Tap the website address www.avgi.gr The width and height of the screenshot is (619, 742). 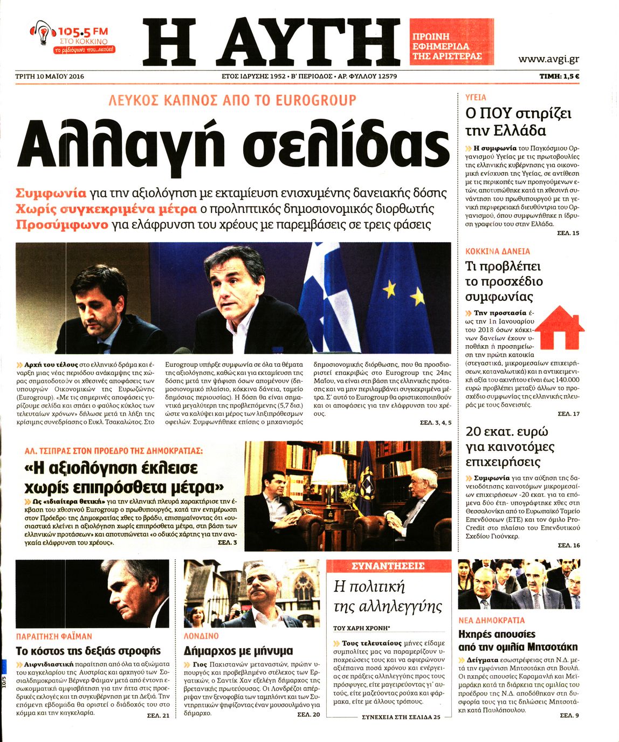tap(548, 59)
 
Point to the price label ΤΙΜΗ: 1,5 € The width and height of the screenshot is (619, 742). tap(559, 77)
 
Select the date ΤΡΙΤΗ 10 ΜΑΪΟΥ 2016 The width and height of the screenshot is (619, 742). tap(50, 77)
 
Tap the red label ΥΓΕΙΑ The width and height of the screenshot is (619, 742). tap(476, 98)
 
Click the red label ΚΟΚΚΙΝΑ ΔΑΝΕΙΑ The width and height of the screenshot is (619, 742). tap(497, 251)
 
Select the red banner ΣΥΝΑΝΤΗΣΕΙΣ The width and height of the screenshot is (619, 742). tap(388, 566)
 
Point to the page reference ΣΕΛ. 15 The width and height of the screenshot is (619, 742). tap(568, 233)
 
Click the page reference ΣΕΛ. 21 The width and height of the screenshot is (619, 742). tap(158, 715)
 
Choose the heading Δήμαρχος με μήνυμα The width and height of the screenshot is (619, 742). tap(238, 651)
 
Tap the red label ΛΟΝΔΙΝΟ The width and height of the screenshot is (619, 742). tap(201, 636)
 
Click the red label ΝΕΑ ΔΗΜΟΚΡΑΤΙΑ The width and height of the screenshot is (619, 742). tap(491, 621)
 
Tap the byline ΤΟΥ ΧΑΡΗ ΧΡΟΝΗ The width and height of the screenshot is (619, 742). tap(362, 628)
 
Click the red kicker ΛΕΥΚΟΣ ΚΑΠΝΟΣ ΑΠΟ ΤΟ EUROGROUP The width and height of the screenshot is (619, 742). tap(232, 100)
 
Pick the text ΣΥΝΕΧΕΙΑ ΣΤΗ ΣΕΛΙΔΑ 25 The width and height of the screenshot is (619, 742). tap(401, 717)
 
